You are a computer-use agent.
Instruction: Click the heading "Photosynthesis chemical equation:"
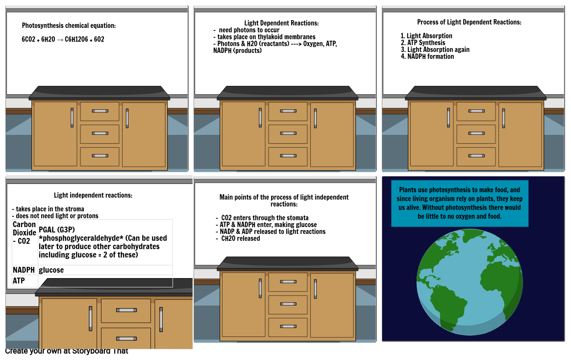click(69, 26)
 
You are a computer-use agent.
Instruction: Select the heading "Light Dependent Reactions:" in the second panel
click(281, 23)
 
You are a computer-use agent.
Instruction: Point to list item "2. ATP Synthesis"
click(423, 43)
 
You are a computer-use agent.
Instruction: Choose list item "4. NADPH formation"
click(427, 56)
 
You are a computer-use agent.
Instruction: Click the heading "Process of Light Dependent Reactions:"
click(469, 22)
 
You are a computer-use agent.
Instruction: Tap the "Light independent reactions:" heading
click(93, 195)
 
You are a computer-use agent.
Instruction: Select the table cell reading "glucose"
click(51, 270)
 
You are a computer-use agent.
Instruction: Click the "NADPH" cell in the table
click(24, 270)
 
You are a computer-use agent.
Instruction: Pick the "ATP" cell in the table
click(19, 281)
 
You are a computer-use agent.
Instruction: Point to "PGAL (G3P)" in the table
click(57, 230)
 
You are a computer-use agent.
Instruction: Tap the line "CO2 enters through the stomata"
click(263, 218)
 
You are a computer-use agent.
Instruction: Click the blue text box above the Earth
click(460, 204)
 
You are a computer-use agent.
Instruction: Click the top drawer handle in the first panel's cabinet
click(100, 111)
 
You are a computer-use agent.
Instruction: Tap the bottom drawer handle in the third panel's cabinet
click(476, 156)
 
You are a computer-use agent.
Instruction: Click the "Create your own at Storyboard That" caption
click(67, 351)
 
